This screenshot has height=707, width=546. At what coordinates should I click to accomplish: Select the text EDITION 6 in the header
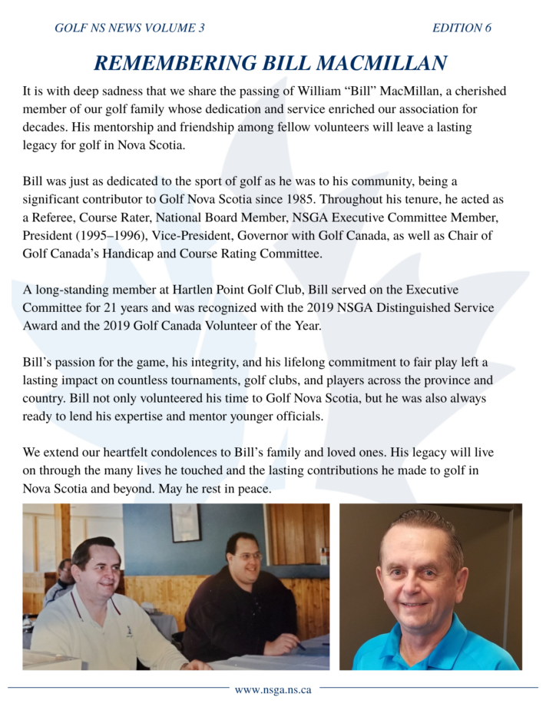462,28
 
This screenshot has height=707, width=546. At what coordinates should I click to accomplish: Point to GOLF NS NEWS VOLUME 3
130,28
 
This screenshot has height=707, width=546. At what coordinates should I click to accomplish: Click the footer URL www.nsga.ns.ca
273,689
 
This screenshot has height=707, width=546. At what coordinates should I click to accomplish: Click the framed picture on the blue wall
185,523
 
